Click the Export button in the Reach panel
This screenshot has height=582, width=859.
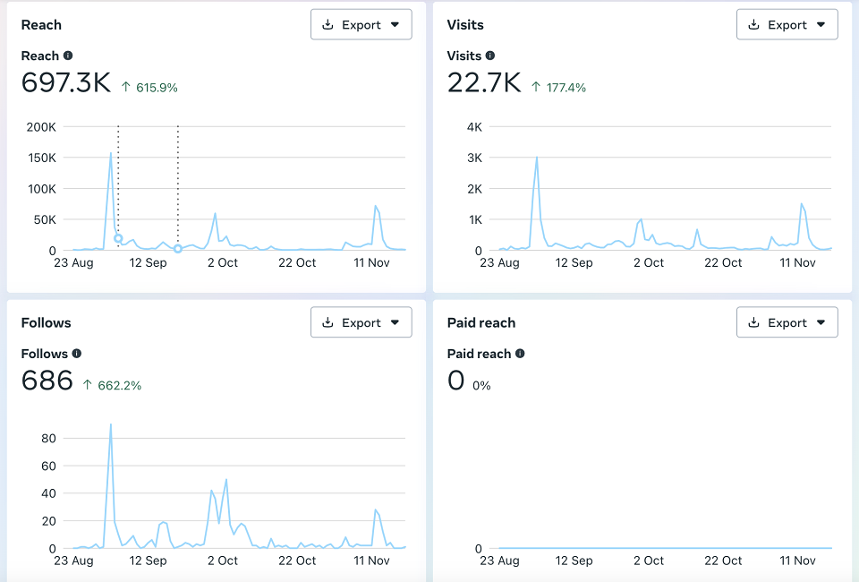[x=361, y=25]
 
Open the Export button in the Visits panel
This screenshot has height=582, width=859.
[x=787, y=25]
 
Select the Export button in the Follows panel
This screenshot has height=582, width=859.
[x=361, y=322]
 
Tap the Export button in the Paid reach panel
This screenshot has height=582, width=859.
[x=787, y=322]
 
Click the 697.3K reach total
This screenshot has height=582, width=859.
[x=66, y=82]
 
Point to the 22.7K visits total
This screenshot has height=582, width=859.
[x=484, y=82]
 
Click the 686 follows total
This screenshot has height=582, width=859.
[x=47, y=381]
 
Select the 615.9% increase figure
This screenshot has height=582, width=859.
[x=157, y=88]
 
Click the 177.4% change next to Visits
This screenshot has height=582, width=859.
[x=566, y=88]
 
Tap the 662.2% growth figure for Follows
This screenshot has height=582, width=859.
[x=119, y=386]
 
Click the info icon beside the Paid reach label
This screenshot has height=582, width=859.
[x=520, y=354]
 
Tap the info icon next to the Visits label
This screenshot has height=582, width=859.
[x=490, y=56]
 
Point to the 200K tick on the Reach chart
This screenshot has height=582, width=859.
[x=41, y=127]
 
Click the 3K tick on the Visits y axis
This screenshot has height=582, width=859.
[x=474, y=158]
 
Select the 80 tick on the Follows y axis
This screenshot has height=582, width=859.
[x=48, y=439]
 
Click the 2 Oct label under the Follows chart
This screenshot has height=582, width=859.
[x=223, y=561]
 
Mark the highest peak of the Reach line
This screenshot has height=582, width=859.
[x=111, y=153]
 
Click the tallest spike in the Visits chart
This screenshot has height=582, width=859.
[x=537, y=158]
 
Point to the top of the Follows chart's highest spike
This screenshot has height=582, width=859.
[x=111, y=424]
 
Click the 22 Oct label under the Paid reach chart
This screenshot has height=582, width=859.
[x=723, y=561]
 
